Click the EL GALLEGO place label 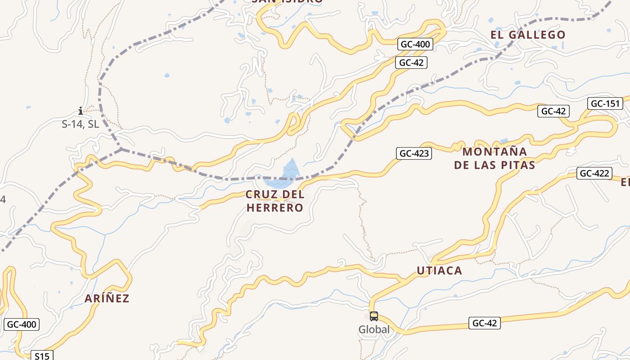528,35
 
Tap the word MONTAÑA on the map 495,151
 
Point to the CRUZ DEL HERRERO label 275,201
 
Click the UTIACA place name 439,270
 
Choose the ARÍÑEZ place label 107,298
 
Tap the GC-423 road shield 414,153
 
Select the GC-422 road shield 594,173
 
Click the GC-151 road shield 605,104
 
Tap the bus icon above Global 374,316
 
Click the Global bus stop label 374,330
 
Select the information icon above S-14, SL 81,111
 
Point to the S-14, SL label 81,124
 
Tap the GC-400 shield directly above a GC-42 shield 415,44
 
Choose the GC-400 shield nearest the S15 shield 22,324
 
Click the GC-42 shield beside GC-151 553,111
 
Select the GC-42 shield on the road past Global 485,323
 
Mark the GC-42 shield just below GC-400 411,63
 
